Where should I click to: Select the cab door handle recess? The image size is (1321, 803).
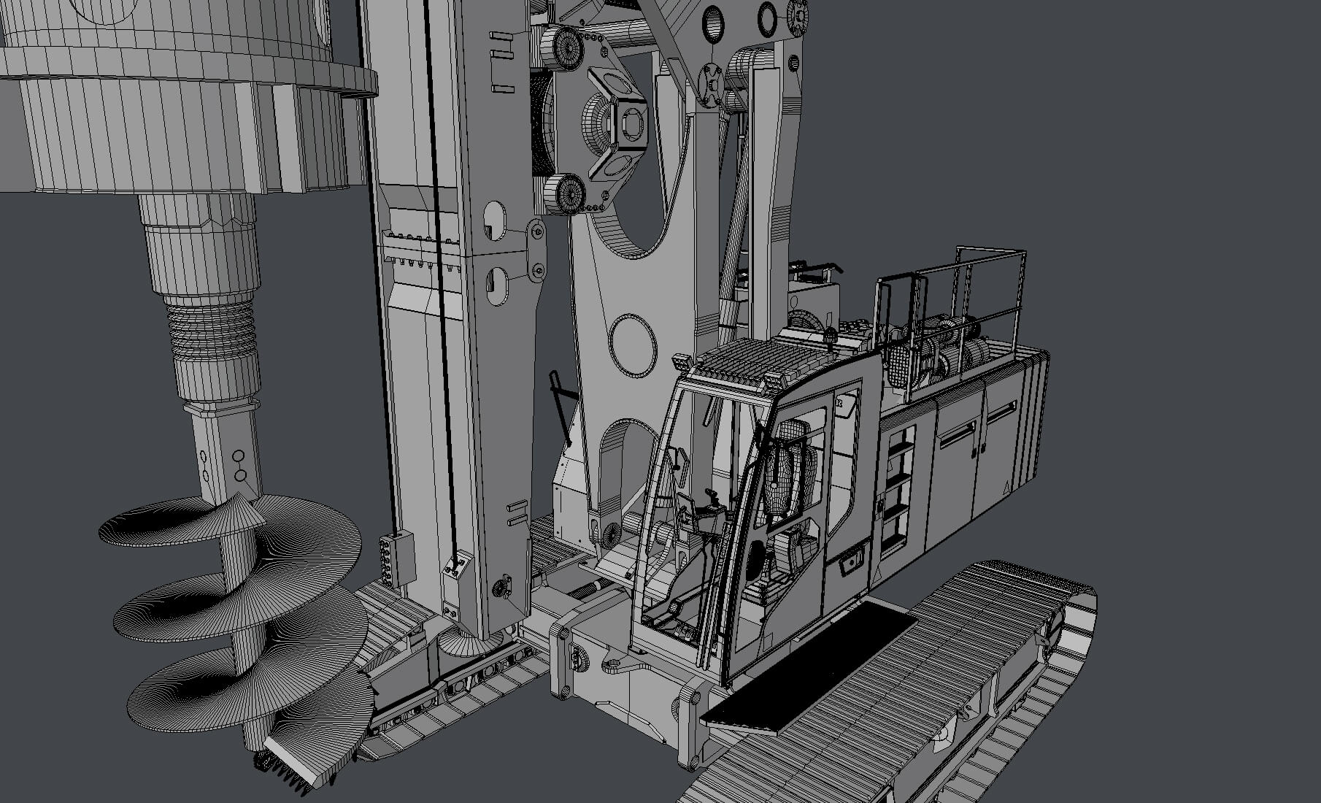click(x=849, y=564)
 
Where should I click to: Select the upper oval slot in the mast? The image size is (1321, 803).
click(x=494, y=219)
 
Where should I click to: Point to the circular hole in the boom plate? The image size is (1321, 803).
click(x=632, y=345)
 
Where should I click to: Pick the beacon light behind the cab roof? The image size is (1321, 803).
click(x=829, y=336)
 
